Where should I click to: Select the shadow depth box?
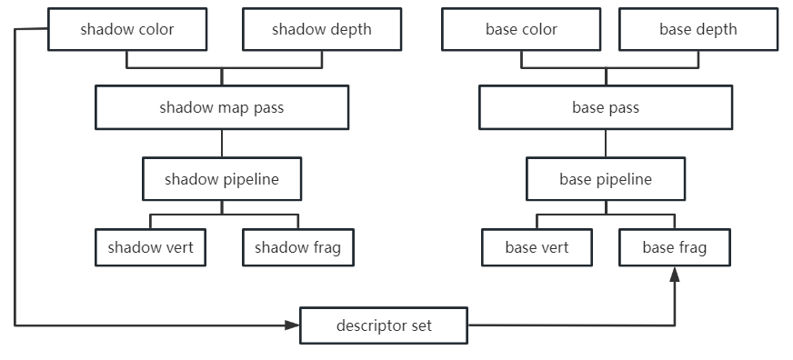tap(321, 29)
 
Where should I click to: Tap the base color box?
tap(521, 29)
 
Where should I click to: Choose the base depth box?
tap(698, 29)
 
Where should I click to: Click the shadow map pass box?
tap(222, 107)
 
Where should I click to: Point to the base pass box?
tap(606, 107)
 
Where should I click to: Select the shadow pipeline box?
tap(222, 179)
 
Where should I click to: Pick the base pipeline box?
tap(606, 179)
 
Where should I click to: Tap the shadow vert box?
tap(150, 247)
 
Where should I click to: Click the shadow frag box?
tap(297, 247)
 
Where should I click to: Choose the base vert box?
tap(537, 247)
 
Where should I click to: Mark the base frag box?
tap(674, 247)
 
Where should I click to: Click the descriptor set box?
tap(384, 325)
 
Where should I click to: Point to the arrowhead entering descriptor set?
tap(293, 325)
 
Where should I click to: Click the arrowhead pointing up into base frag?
tap(675, 275)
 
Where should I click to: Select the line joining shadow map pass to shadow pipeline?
tap(222, 143)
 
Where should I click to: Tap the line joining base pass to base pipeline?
tap(606, 143)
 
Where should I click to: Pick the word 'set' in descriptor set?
tap(420, 325)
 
